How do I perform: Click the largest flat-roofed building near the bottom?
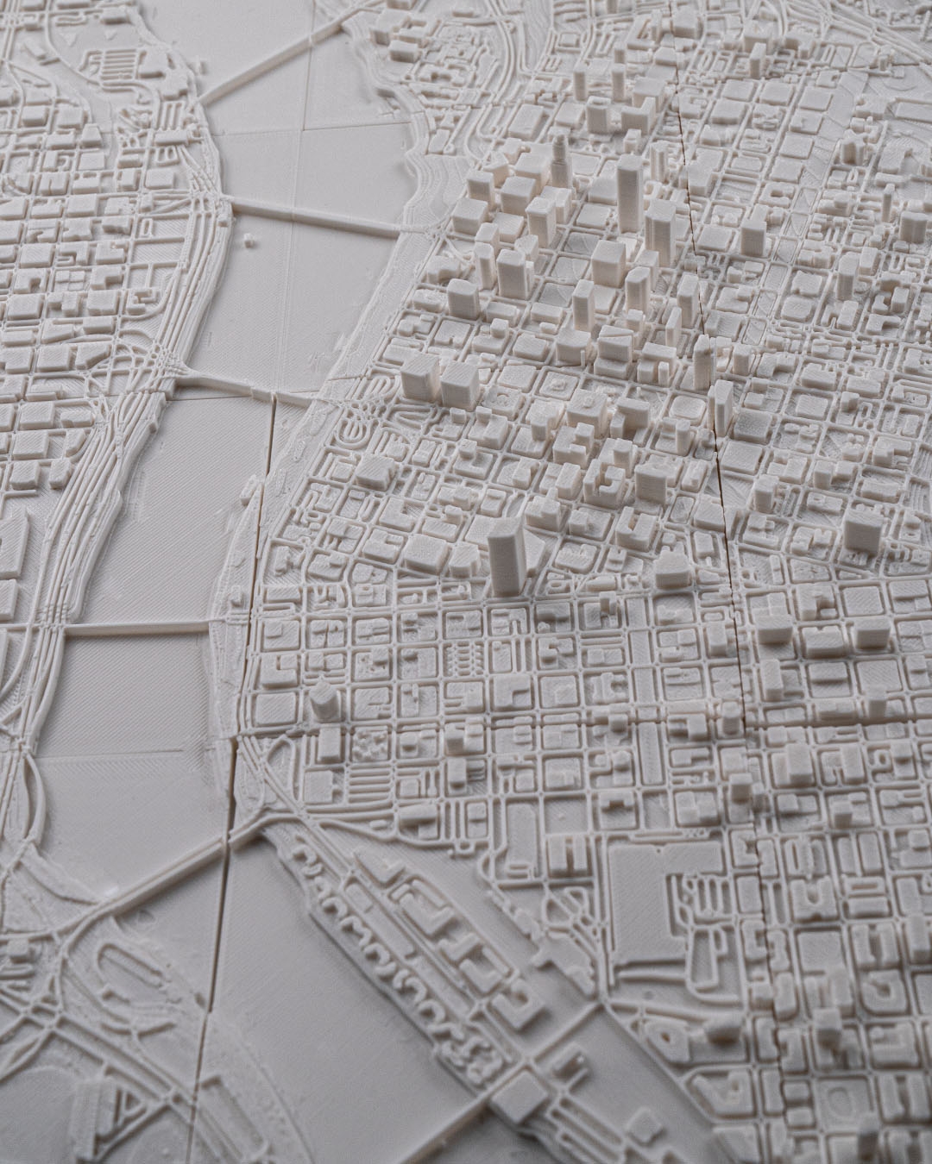tap(664, 897)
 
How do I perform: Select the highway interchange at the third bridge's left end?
tap(160, 366)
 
